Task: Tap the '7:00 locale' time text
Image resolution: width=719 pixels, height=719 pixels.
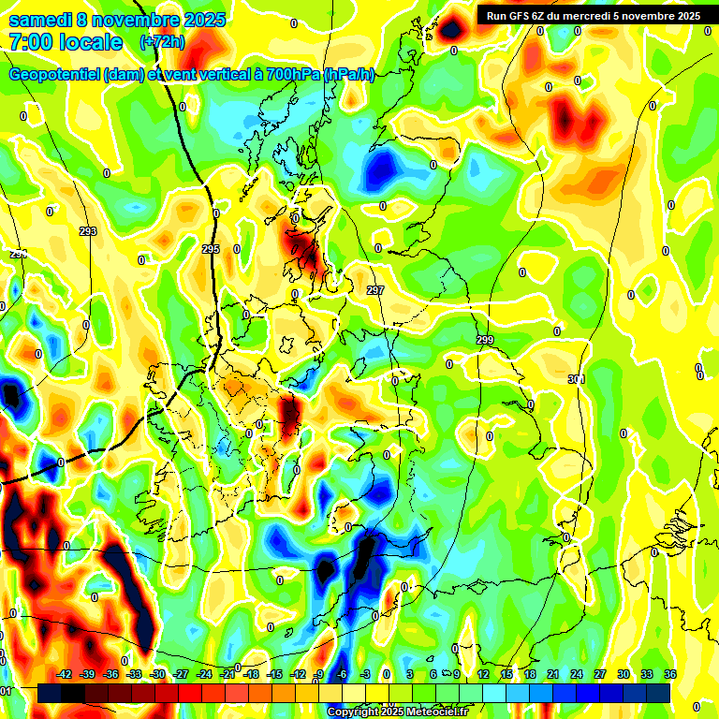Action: (66, 42)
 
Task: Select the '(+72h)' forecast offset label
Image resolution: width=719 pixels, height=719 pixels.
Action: (162, 41)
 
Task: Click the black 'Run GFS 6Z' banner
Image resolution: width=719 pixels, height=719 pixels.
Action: (593, 15)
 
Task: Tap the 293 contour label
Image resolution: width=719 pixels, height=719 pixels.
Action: (88, 231)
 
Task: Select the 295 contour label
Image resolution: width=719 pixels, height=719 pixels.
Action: (211, 249)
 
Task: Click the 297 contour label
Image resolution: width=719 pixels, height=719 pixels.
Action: (375, 291)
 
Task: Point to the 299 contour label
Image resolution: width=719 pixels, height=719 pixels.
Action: (484, 340)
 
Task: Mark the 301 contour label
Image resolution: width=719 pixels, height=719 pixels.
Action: (576, 379)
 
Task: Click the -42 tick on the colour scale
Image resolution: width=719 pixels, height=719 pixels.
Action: (65, 674)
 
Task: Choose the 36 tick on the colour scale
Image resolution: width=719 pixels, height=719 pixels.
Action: (670, 674)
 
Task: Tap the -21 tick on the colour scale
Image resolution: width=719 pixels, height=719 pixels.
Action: (227, 674)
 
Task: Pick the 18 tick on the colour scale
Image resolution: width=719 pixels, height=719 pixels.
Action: (530, 674)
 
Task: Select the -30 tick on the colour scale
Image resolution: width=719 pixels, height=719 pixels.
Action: (157, 674)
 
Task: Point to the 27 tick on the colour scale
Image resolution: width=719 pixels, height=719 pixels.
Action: (600, 674)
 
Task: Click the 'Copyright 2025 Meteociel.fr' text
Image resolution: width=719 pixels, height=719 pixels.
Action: (398, 712)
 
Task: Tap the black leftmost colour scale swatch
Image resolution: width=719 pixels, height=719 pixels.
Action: (49, 693)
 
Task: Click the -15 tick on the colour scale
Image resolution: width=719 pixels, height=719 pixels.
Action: (274, 674)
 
